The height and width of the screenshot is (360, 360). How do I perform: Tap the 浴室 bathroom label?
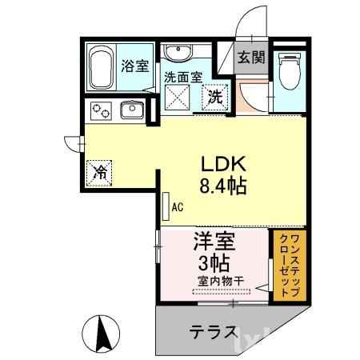tap(134, 66)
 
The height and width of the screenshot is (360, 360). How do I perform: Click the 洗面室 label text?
tap(182, 78)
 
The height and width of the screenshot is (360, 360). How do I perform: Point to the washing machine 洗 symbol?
tap(215, 98)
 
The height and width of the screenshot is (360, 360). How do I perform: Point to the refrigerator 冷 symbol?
tap(101, 171)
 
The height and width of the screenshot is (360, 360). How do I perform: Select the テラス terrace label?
tap(212, 331)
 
